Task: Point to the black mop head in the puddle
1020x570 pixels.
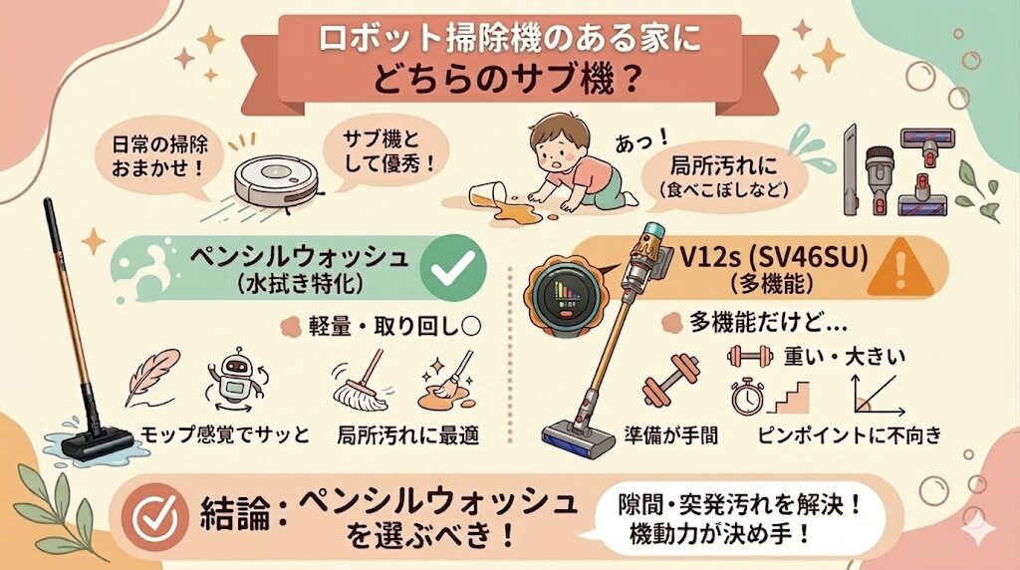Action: pos(96,442)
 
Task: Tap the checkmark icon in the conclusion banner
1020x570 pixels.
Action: pos(156,511)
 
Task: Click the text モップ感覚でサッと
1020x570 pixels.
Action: pos(224,434)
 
